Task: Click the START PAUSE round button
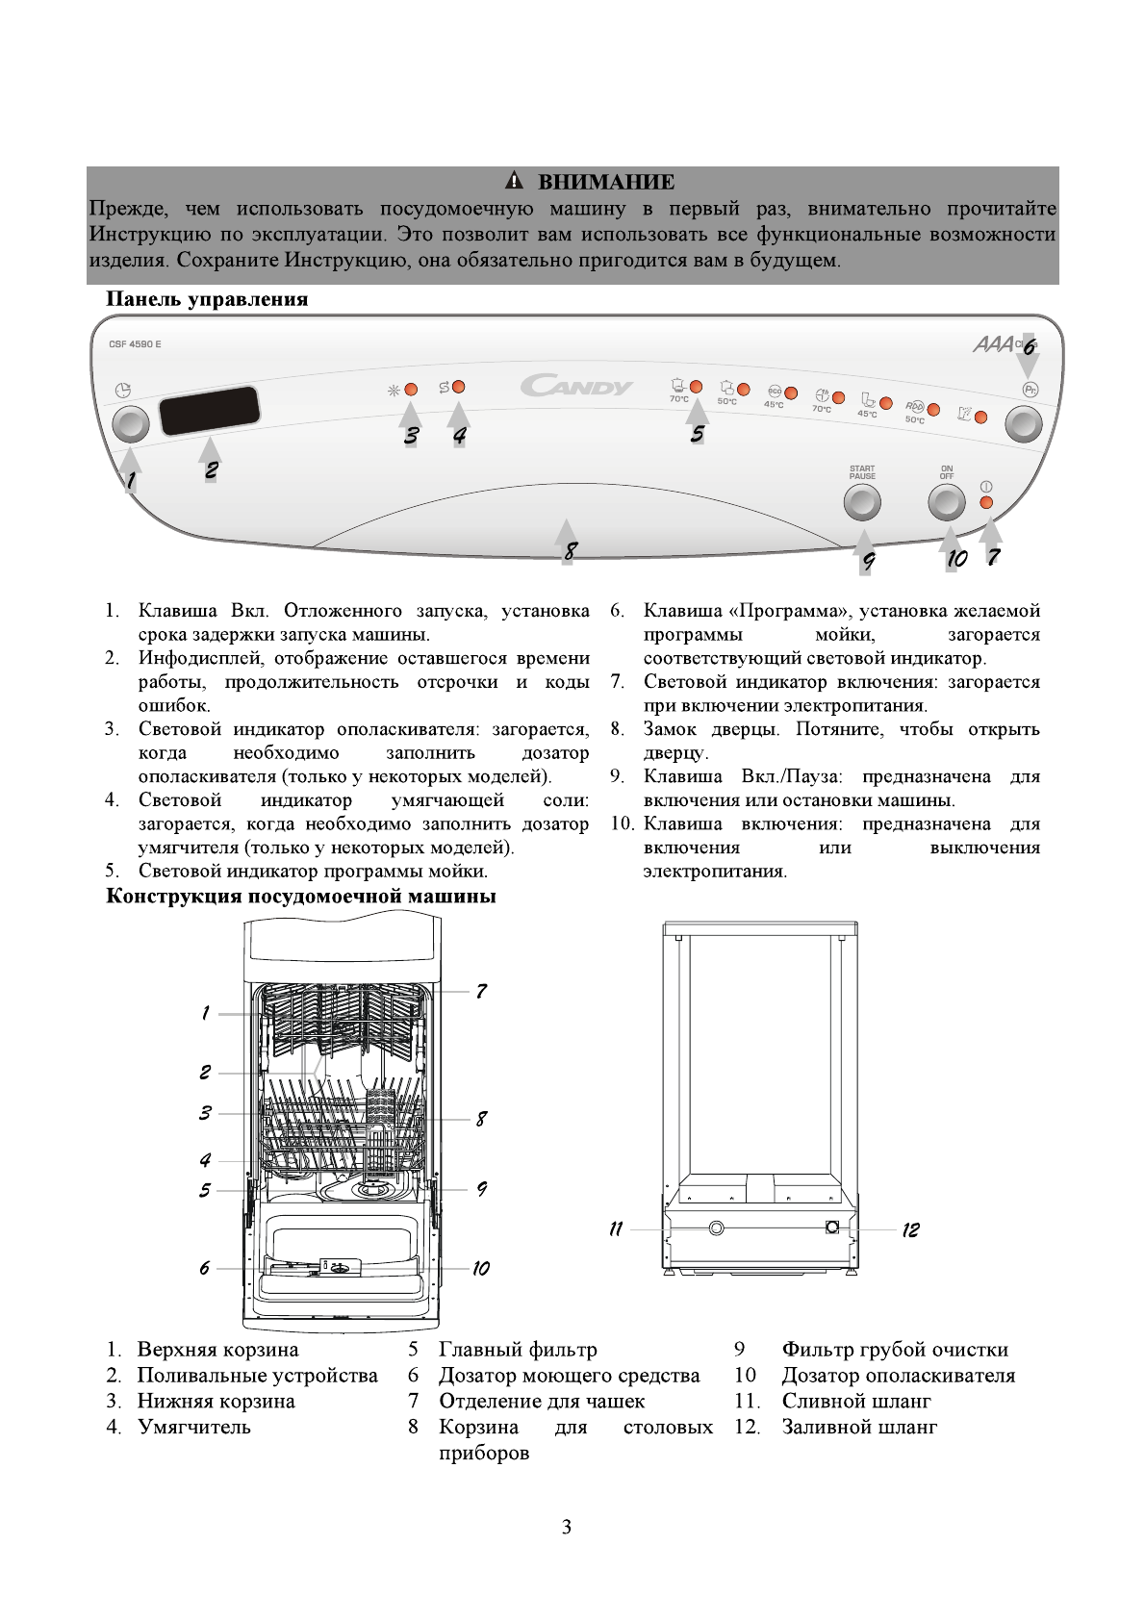862,501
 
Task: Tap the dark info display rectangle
210,411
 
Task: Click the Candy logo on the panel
576,387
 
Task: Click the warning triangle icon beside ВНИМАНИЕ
515,181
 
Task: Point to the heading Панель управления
207,299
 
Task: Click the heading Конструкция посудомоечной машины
300,897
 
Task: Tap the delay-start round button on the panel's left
131,423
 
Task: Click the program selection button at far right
1024,423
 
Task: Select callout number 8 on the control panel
571,551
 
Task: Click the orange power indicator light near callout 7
986,502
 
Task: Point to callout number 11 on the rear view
616,1228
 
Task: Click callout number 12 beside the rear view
910,1229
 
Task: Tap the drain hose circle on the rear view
716,1228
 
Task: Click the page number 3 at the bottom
567,1527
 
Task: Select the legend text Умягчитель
193,1427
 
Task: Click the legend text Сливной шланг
855,1401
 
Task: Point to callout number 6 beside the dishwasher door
204,1268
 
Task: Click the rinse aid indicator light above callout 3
411,390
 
